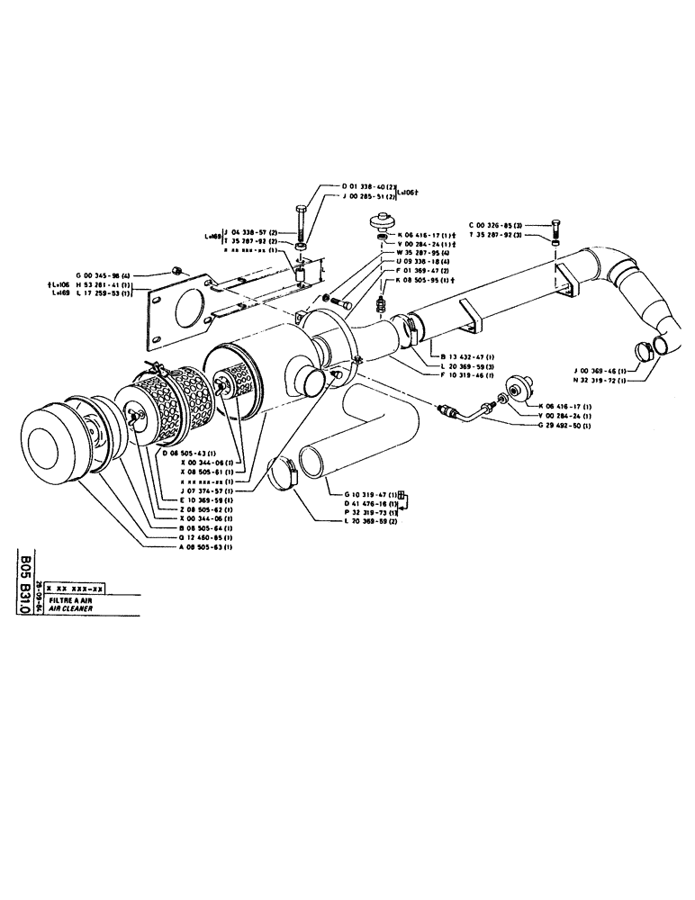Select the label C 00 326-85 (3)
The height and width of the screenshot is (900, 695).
point(500,225)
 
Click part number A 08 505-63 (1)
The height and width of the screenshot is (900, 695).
point(197,547)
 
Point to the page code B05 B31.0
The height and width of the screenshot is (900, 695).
point(24,586)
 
